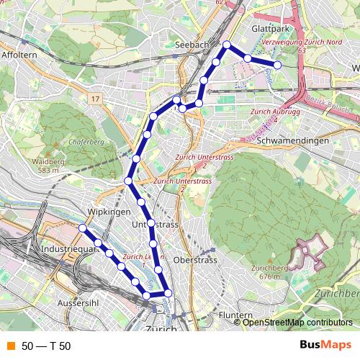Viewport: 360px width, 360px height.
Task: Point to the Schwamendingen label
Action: (292, 141)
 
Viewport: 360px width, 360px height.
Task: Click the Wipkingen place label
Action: (108, 212)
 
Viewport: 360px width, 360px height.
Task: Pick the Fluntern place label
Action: (235, 315)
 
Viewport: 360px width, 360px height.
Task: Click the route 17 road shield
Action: (95, 96)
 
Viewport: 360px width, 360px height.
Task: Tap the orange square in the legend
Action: (10, 346)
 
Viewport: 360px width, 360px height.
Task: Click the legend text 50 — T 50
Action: (46, 346)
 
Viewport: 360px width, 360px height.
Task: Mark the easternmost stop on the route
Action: (278, 65)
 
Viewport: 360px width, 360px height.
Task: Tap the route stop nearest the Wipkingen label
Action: (83, 228)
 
